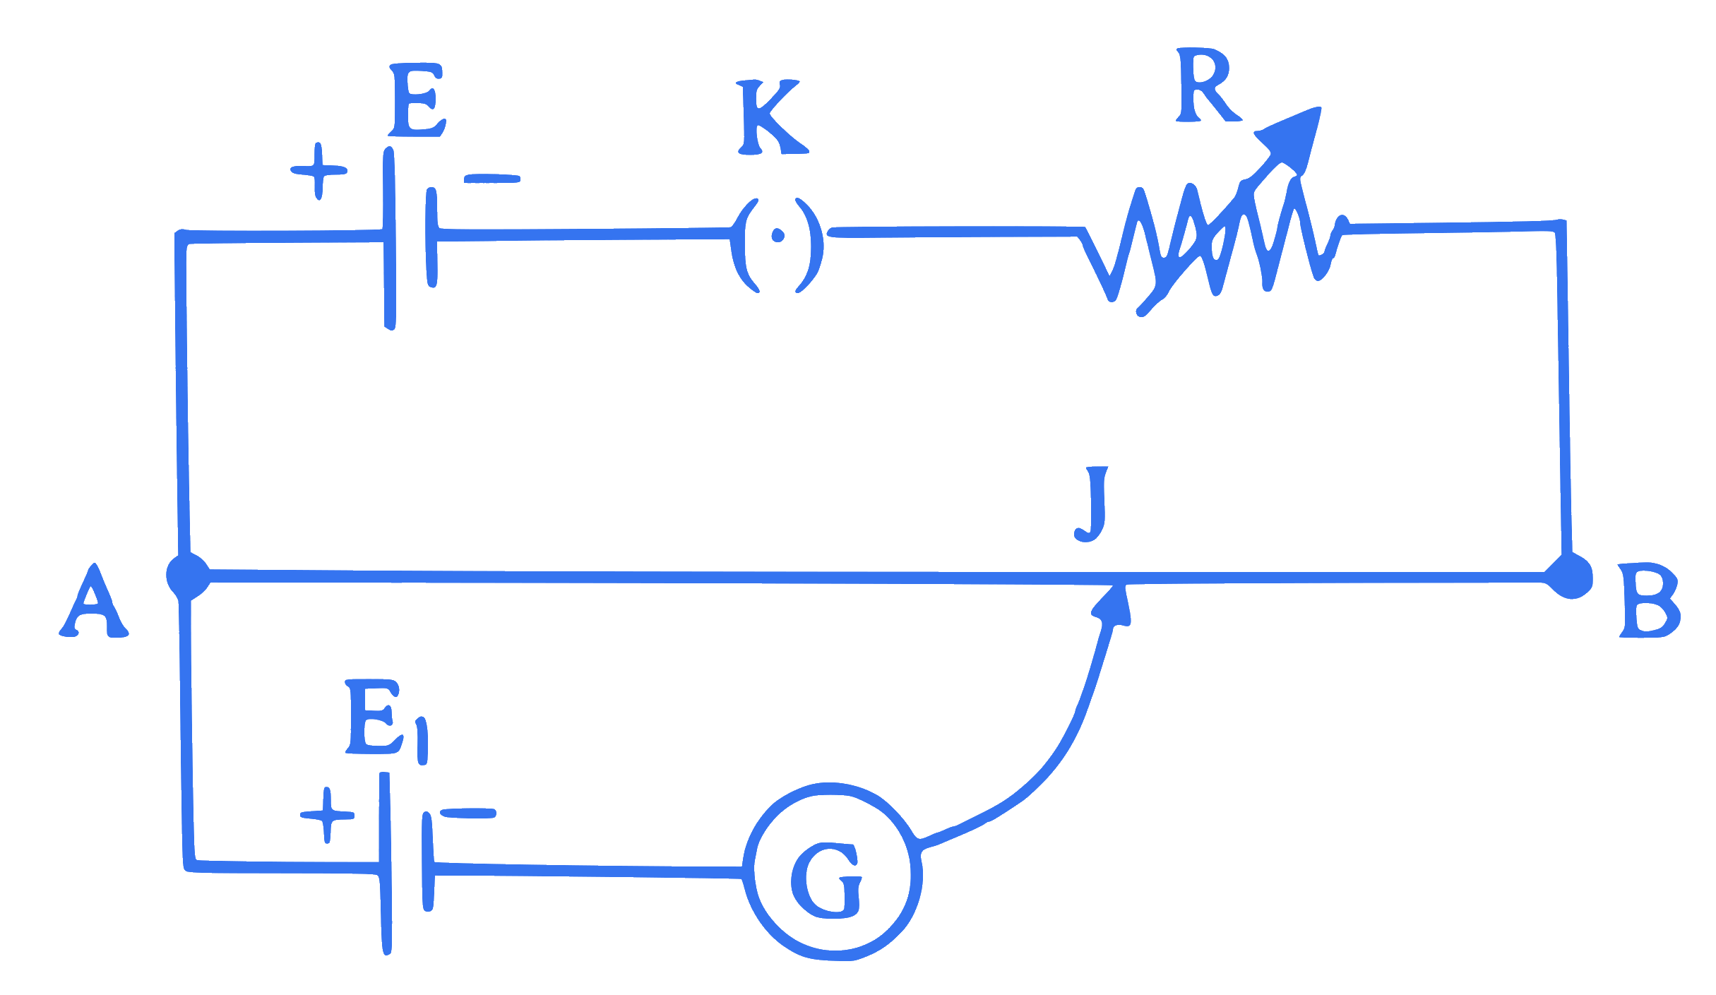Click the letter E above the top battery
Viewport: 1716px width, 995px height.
coord(417,100)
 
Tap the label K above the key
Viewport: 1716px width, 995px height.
coord(773,117)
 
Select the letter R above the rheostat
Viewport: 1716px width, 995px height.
coord(1208,85)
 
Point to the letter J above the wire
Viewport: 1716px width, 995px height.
coord(1092,504)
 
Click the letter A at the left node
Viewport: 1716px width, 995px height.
coord(93,600)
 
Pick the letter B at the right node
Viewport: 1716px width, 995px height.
coord(1649,600)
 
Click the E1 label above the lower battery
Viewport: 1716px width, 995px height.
coord(387,722)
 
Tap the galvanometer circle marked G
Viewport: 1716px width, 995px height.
coord(833,871)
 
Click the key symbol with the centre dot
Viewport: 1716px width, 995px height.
coord(777,246)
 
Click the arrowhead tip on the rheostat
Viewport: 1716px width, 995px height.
coord(1319,109)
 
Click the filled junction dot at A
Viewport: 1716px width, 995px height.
coord(188,576)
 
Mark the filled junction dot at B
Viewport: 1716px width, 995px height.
coord(1569,576)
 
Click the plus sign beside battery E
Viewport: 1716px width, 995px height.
coord(318,171)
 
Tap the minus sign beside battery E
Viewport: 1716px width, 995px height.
coord(492,179)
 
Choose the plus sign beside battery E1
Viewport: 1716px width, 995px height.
coord(327,815)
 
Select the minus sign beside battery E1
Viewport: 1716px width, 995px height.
coord(468,814)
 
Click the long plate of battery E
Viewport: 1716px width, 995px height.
coord(389,238)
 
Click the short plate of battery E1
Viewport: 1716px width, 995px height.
coord(427,862)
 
